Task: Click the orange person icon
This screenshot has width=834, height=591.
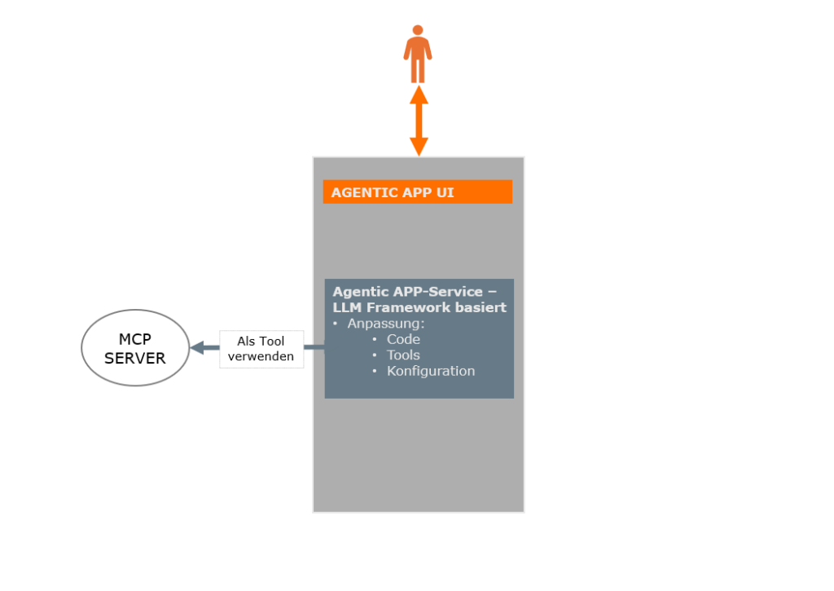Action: tap(418, 55)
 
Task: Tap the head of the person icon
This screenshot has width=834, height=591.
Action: tap(418, 31)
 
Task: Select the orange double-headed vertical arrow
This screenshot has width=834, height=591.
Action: tap(419, 121)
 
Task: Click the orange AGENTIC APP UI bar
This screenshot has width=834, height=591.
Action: tap(417, 192)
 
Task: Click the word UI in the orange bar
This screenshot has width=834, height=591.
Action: tap(445, 193)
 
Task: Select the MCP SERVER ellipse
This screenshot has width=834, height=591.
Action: tap(135, 348)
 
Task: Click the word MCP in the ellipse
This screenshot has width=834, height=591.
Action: tap(135, 339)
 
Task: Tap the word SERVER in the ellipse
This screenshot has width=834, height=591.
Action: tap(135, 358)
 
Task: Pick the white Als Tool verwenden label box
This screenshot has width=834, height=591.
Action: tap(261, 349)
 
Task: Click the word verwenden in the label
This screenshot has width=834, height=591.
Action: tap(261, 357)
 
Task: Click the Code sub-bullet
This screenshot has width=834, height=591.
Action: tap(403, 339)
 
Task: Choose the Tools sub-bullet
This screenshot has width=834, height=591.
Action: tap(403, 355)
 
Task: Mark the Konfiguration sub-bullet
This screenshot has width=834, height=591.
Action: tap(430, 371)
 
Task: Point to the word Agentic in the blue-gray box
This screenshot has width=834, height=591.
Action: tap(357, 292)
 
